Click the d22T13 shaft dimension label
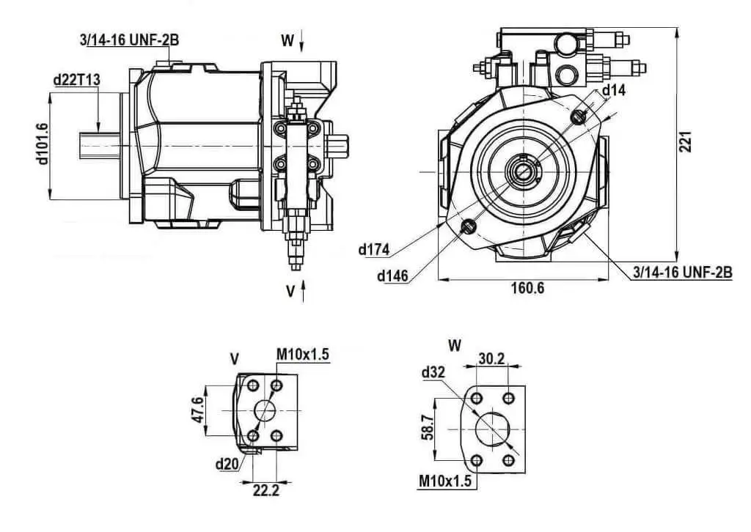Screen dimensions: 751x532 (x=76, y=79)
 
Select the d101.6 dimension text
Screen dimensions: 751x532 (x=42, y=144)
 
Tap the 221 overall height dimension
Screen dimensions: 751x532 (x=686, y=142)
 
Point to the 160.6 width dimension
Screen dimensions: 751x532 (x=528, y=287)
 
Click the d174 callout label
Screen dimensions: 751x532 (x=374, y=249)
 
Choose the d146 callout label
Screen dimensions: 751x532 (x=393, y=276)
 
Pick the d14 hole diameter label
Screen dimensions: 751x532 (x=614, y=90)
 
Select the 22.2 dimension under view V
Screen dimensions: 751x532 (x=266, y=490)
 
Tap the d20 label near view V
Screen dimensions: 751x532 (x=227, y=464)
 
